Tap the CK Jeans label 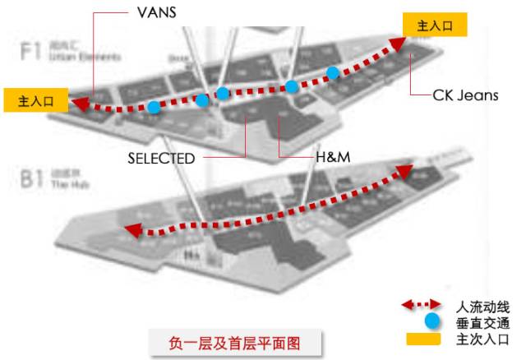pos(465,95)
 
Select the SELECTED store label pos(161,158)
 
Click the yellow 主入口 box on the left pos(35,101)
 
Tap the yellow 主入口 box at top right pos(435,25)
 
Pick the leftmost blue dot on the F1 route pos(154,107)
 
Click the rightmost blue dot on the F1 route pos(332,72)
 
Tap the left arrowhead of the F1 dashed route pos(80,103)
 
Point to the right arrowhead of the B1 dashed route pos(405,171)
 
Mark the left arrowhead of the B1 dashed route pos(130,233)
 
